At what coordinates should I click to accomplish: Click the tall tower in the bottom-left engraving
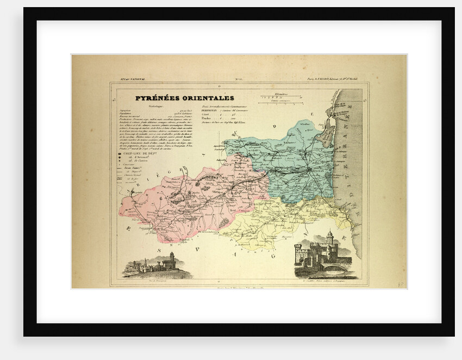coord(172,258)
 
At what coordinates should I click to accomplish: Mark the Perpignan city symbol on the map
coord(310,170)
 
